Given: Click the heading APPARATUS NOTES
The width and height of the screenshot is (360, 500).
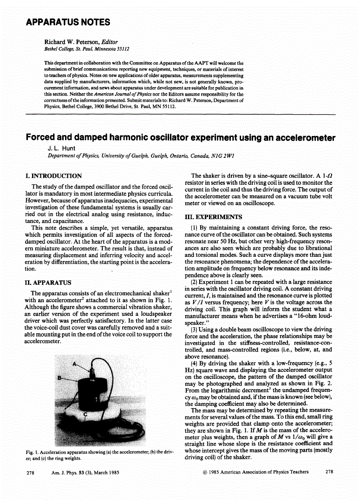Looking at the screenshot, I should click(x=67, y=22).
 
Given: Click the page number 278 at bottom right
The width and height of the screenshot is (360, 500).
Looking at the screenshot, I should click(x=329, y=472).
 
